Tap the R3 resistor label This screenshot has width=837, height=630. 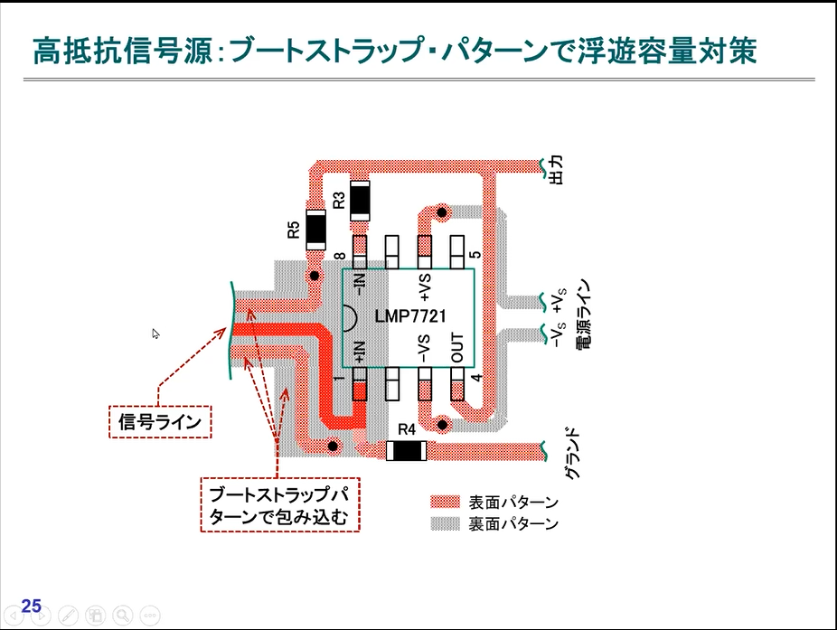[x=339, y=200]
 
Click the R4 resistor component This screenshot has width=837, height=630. [x=406, y=449]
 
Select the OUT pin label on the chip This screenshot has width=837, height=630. [x=457, y=348]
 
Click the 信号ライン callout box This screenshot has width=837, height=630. [x=159, y=421]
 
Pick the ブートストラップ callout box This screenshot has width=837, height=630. [x=279, y=505]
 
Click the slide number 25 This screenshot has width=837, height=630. [x=31, y=606]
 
